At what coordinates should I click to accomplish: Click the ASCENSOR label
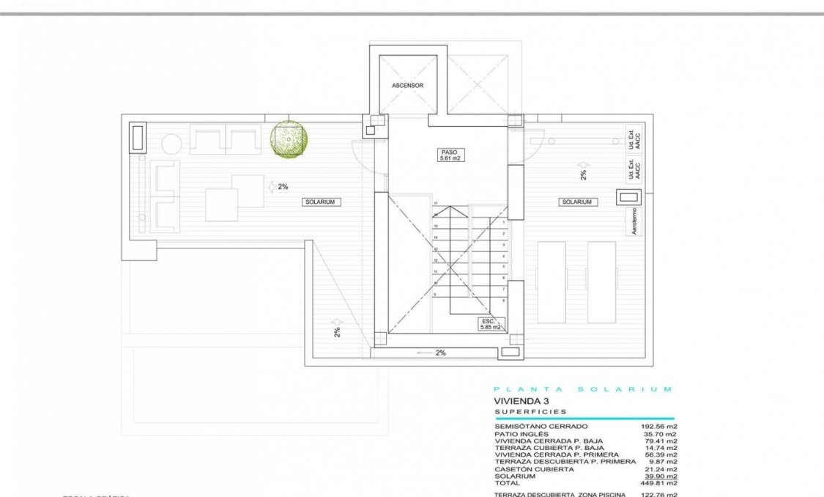click(408, 86)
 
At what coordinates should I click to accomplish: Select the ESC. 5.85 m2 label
click(489, 324)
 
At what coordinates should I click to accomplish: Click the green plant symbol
click(290, 139)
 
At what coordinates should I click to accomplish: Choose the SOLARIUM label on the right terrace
click(577, 202)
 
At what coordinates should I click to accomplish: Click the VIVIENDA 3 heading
click(521, 401)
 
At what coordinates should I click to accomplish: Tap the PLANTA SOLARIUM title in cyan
click(583, 389)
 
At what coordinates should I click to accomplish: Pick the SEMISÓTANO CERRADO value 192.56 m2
click(659, 426)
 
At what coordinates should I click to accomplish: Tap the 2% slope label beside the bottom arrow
click(440, 353)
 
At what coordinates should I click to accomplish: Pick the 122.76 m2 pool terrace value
click(659, 495)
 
